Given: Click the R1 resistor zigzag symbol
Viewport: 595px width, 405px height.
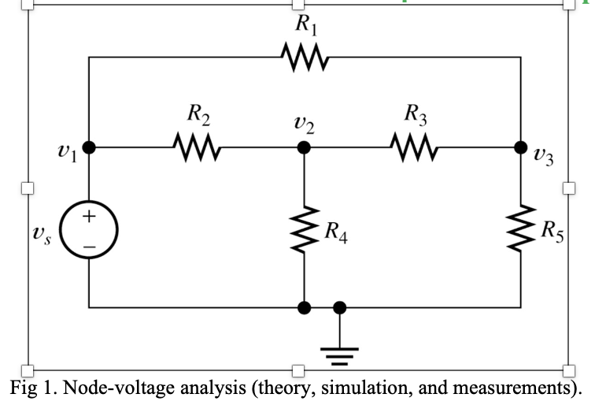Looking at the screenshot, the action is [305, 57].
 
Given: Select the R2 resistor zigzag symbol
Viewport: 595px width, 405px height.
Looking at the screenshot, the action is [197, 147].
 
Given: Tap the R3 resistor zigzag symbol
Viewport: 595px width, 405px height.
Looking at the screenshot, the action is [414, 147].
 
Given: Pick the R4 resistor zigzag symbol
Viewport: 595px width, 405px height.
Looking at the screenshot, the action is [304, 229].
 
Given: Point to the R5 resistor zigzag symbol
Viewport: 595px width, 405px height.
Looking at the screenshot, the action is [521, 228].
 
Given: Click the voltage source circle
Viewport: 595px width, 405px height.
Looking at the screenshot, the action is [89, 201].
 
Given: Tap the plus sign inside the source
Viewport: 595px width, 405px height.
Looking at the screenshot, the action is [89, 216].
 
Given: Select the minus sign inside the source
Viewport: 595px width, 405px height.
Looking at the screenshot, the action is [90, 247].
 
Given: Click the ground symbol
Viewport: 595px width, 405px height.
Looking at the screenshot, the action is [339, 356].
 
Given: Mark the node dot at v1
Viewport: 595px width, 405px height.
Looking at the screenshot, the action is [89, 147].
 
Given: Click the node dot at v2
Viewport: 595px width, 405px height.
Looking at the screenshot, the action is [304, 147].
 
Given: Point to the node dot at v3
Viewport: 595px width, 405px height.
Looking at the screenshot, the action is [521, 147].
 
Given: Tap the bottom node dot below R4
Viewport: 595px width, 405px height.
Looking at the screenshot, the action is [304, 308].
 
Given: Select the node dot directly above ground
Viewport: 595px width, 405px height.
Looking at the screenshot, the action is [339, 308].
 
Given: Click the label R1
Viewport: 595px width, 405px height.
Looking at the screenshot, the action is [306, 25].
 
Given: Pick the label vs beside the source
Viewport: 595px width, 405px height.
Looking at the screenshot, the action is [42, 234].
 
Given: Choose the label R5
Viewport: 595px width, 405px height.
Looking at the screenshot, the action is [552, 232].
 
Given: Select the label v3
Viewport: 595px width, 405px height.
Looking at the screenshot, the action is [543, 156].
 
